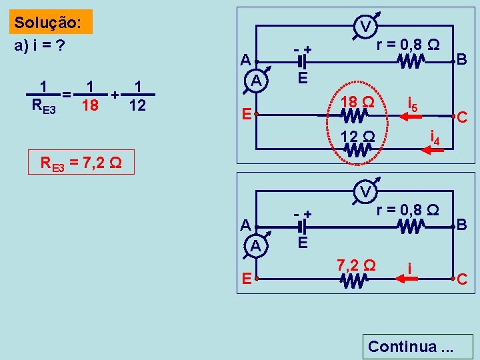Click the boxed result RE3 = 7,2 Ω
[x=81, y=163]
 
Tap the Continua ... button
[x=419, y=346]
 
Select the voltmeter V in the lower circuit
[x=364, y=192]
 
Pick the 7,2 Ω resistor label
[x=356, y=265]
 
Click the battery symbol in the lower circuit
[x=302, y=226]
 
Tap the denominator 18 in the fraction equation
[x=90, y=105]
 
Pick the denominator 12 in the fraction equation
[x=137, y=105]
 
